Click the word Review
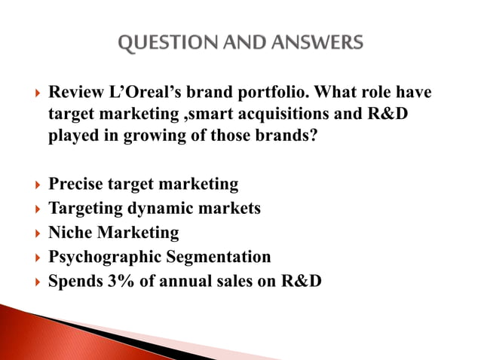75,93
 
